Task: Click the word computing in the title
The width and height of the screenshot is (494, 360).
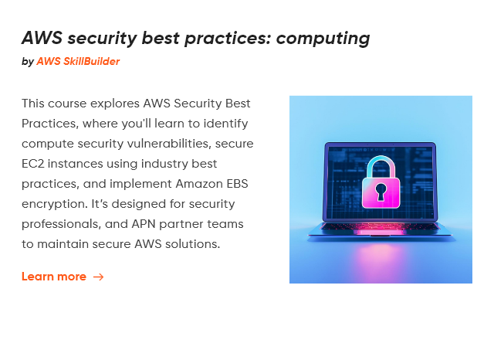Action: (323, 39)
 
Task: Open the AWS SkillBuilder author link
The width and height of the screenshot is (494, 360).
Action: (78, 61)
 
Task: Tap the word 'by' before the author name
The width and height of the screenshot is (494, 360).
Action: (28, 62)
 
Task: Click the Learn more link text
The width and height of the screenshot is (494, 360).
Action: (54, 277)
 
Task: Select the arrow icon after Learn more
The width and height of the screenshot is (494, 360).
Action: (98, 277)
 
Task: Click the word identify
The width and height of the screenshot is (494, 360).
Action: (225, 124)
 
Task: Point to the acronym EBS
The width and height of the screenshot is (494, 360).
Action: (238, 184)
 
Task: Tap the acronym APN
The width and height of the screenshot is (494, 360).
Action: (144, 224)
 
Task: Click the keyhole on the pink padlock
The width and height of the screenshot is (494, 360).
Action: (381, 192)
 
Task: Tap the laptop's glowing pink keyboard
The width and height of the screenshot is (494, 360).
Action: (381, 226)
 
